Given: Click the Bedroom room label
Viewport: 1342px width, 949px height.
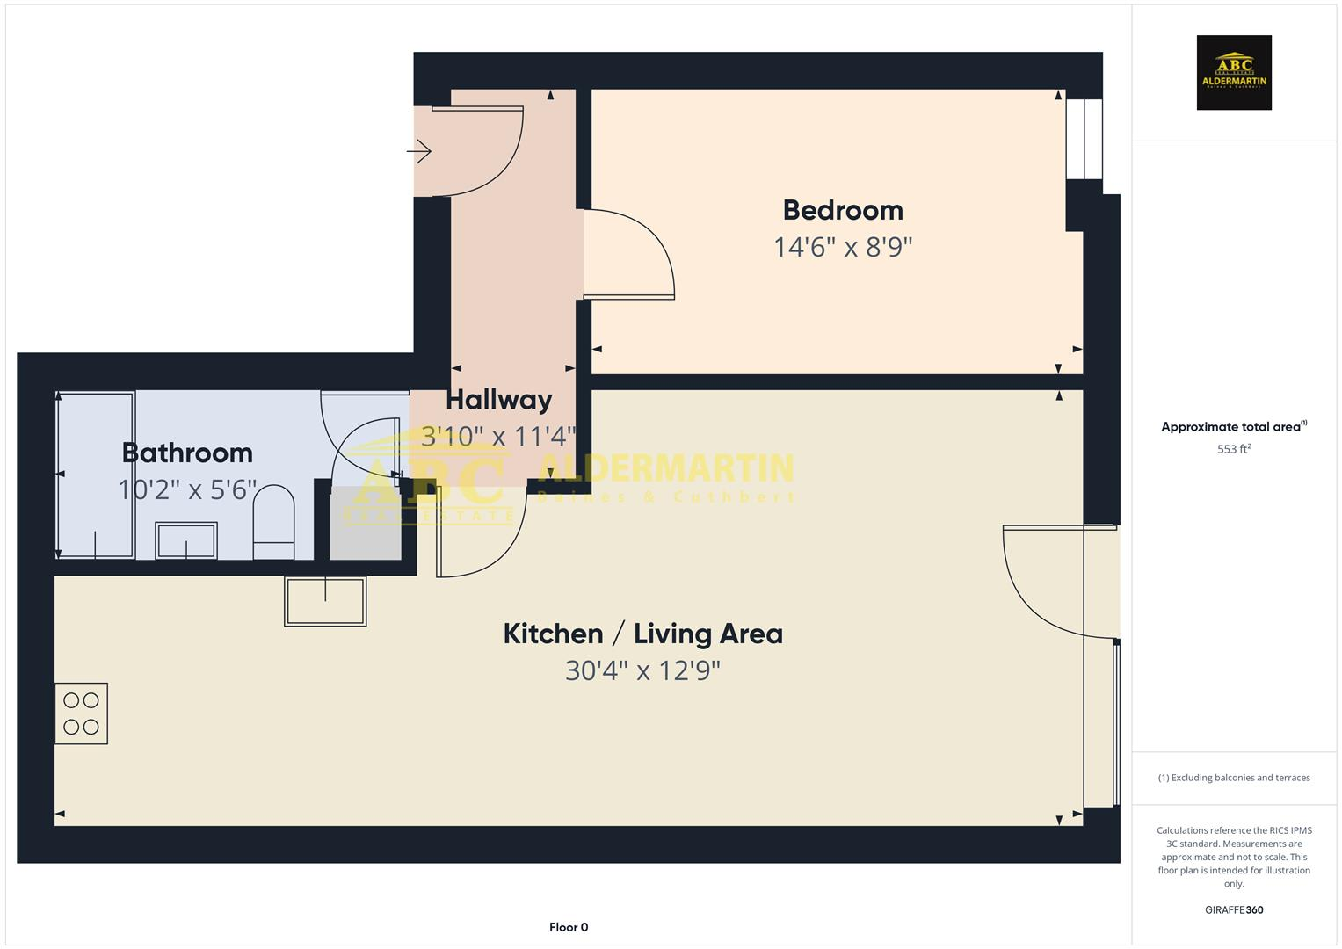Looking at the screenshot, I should click(843, 210).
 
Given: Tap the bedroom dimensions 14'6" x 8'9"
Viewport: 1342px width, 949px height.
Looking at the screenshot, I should click(843, 247).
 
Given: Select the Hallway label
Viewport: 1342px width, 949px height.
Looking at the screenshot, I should click(498, 400).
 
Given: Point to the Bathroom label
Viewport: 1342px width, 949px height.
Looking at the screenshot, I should click(187, 453).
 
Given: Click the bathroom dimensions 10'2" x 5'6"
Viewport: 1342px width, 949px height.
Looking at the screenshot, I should click(187, 489).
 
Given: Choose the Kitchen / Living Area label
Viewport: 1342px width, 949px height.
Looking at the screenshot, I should click(642, 634).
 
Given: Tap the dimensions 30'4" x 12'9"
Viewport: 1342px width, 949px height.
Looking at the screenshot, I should click(642, 671).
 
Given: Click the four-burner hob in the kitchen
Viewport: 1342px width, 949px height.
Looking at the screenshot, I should click(81, 714).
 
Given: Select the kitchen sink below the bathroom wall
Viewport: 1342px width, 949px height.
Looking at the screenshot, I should click(325, 601).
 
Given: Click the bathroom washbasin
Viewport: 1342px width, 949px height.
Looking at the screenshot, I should click(186, 540).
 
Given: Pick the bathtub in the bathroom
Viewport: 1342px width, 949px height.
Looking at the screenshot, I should click(95, 474).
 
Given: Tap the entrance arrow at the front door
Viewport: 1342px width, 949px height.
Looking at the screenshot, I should click(419, 152).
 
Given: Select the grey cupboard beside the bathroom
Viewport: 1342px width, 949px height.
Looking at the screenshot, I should click(366, 524).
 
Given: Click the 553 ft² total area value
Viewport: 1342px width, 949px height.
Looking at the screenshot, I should click(1234, 449).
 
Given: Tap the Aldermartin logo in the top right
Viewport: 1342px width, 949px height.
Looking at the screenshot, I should click(1234, 73).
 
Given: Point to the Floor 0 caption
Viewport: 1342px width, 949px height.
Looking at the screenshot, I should click(569, 927).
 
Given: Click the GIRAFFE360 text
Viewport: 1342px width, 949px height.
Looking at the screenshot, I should click(1234, 910).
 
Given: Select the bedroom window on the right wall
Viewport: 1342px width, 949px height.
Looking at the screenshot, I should click(1084, 139).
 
